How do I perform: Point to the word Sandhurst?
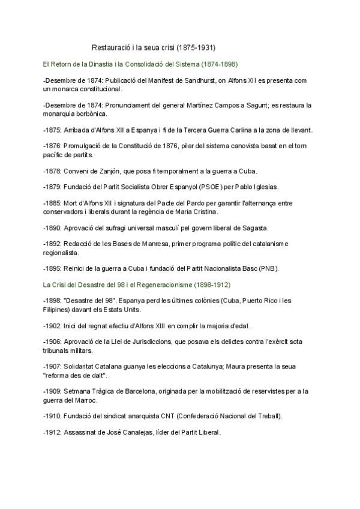click(199, 80)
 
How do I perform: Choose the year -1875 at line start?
click(52, 131)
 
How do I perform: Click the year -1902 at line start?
click(52, 326)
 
